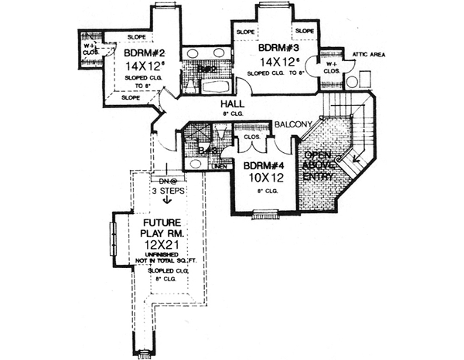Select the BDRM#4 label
264,166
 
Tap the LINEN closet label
219,165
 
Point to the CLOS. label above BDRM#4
252,138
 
